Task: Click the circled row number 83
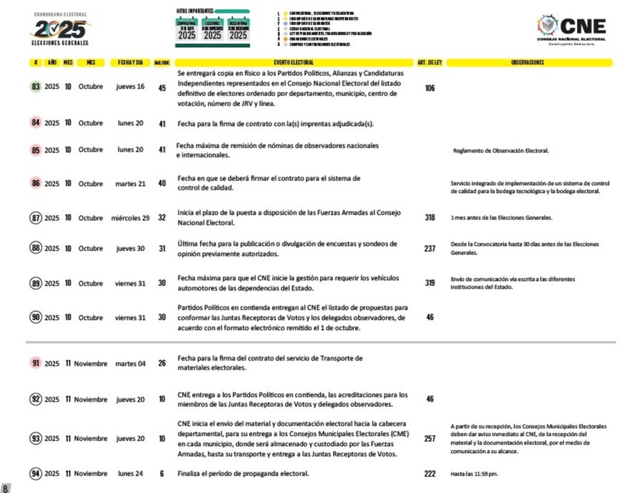point(36,87)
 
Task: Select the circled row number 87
point(36,218)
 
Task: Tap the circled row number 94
point(36,474)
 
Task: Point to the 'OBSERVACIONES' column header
point(528,62)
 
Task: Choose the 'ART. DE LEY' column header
point(429,62)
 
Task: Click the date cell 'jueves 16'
point(130,87)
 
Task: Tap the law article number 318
point(429,218)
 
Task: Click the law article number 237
point(429,249)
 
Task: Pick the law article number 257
point(429,439)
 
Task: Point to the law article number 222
point(429,474)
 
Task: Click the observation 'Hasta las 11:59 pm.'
point(475,474)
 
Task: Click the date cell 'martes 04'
point(130,363)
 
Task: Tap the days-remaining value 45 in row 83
point(162,88)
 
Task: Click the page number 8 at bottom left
point(6,488)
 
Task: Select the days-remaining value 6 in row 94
point(162,474)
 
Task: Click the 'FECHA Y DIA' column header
point(131,62)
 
